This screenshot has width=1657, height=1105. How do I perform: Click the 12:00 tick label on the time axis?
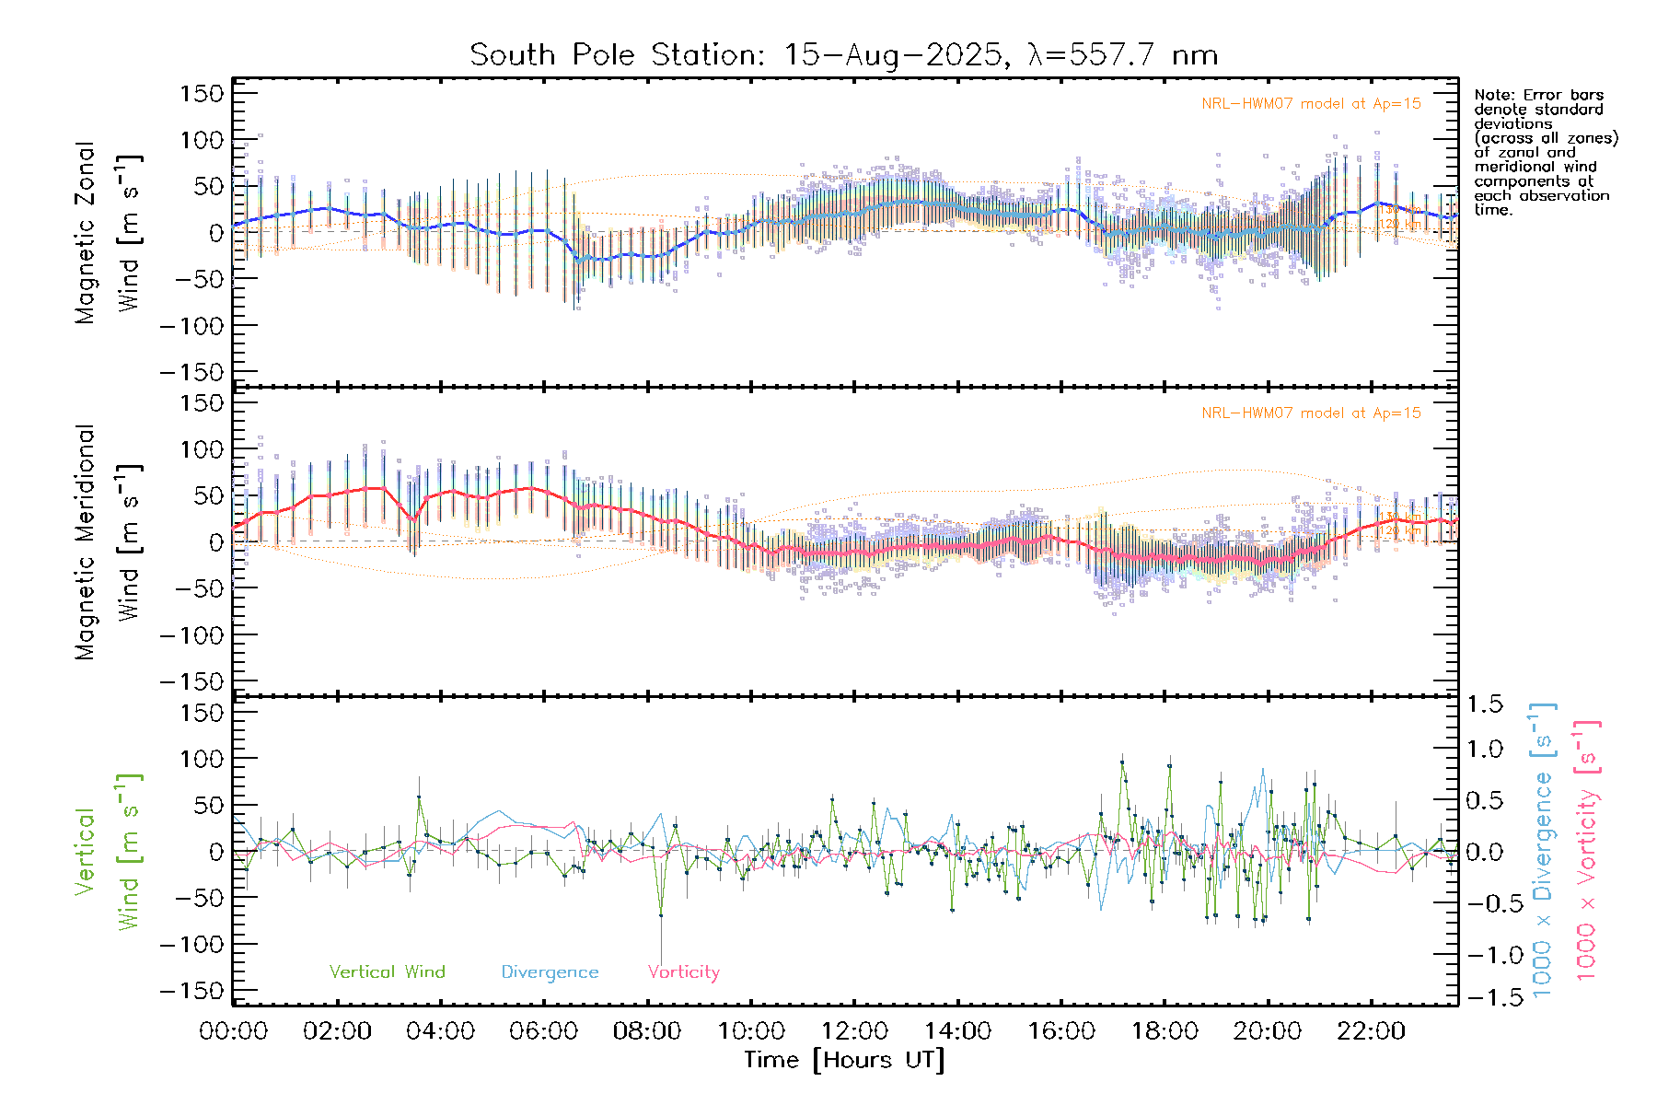coord(854,1030)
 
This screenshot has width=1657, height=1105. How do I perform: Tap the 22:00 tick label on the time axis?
coord(1371,1030)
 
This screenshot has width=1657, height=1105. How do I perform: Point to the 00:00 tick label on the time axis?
coord(234,1030)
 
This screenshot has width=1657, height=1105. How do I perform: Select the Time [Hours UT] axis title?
coord(844,1060)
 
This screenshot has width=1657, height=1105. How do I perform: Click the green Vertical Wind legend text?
coord(387,971)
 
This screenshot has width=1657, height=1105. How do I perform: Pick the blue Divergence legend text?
coord(550,971)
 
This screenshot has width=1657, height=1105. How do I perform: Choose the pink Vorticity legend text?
coord(683,971)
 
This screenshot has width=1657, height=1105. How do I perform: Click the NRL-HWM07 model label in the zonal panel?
coord(1311,104)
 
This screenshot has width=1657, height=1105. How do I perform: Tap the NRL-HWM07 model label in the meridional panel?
coord(1311,413)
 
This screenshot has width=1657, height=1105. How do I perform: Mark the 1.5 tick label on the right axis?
coord(1484,704)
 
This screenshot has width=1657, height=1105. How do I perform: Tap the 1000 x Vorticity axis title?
coord(1586,850)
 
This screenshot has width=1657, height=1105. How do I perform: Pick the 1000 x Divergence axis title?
coord(1543,850)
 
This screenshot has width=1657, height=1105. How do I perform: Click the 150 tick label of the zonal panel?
coord(202,93)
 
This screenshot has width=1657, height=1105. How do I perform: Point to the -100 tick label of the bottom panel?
coord(192,944)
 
